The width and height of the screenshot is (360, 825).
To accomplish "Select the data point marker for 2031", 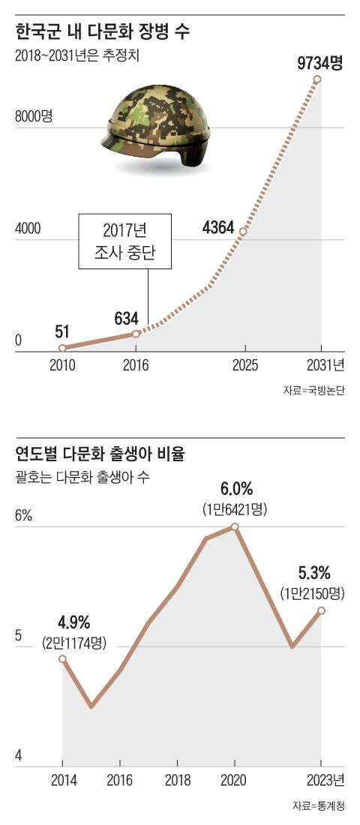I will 317,79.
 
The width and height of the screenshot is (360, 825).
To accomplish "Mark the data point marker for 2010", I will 62,348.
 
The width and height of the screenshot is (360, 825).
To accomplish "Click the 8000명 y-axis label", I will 34,117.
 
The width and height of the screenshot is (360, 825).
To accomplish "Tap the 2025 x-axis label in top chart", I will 244,365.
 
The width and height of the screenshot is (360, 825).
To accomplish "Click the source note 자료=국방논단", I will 313,391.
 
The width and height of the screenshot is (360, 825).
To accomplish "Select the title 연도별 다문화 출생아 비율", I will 100,454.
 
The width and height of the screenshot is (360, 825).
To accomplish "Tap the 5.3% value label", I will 314,573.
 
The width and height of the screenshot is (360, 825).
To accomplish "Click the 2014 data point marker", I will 62,658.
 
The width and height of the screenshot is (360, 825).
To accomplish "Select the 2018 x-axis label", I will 177,780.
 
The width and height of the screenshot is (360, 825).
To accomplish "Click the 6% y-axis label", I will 24,516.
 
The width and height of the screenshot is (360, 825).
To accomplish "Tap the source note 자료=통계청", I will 318,806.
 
